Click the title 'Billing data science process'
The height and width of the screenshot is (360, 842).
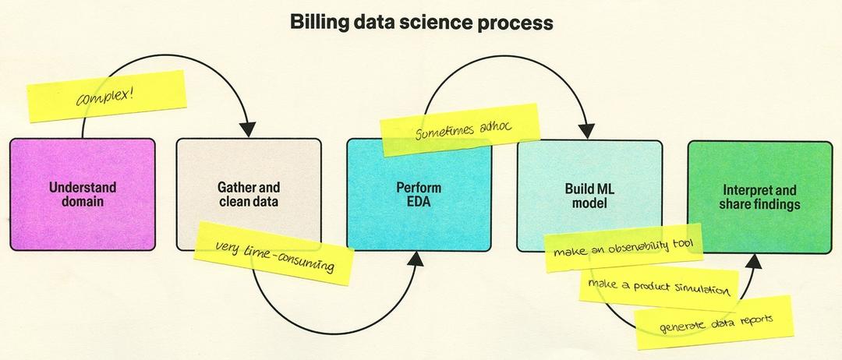[x=422, y=23]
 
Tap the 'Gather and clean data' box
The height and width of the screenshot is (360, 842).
[x=248, y=195]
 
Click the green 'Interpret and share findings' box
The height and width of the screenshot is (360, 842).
[x=759, y=195]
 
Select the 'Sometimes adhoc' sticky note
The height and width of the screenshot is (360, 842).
[x=462, y=130]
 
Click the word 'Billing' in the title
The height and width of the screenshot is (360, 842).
[x=318, y=23]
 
